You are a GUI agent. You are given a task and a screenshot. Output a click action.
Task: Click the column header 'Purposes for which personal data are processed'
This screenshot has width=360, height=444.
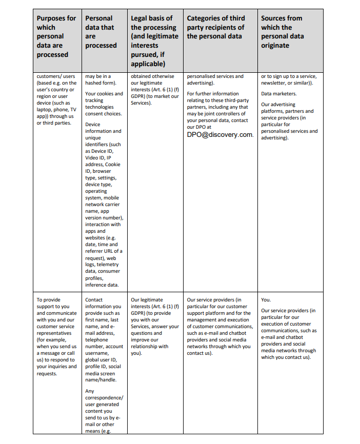tap(56, 36)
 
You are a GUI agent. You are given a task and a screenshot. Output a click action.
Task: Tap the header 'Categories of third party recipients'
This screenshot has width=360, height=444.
tap(215, 27)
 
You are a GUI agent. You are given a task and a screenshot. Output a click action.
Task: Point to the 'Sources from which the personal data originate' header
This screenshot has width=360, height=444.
tap(282, 32)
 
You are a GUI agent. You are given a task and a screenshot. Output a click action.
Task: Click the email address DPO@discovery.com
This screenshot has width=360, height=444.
tap(220, 135)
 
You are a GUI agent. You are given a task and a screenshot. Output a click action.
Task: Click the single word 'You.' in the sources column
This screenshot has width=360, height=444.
tap(266, 300)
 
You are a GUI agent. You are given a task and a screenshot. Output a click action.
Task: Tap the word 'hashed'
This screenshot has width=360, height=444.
tap(94, 83)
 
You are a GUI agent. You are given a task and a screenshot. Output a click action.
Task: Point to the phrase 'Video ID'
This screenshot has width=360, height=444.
tap(95, 158)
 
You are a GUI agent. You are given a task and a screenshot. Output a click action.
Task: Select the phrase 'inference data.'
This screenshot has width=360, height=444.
tap(102, 285)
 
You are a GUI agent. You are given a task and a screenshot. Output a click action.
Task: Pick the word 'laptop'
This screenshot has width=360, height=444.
tap(45, 110)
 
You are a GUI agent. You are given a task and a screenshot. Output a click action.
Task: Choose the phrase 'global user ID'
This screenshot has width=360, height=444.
tap(102, 360)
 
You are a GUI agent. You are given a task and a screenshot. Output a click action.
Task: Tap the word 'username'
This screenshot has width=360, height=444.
tap(97, 353)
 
